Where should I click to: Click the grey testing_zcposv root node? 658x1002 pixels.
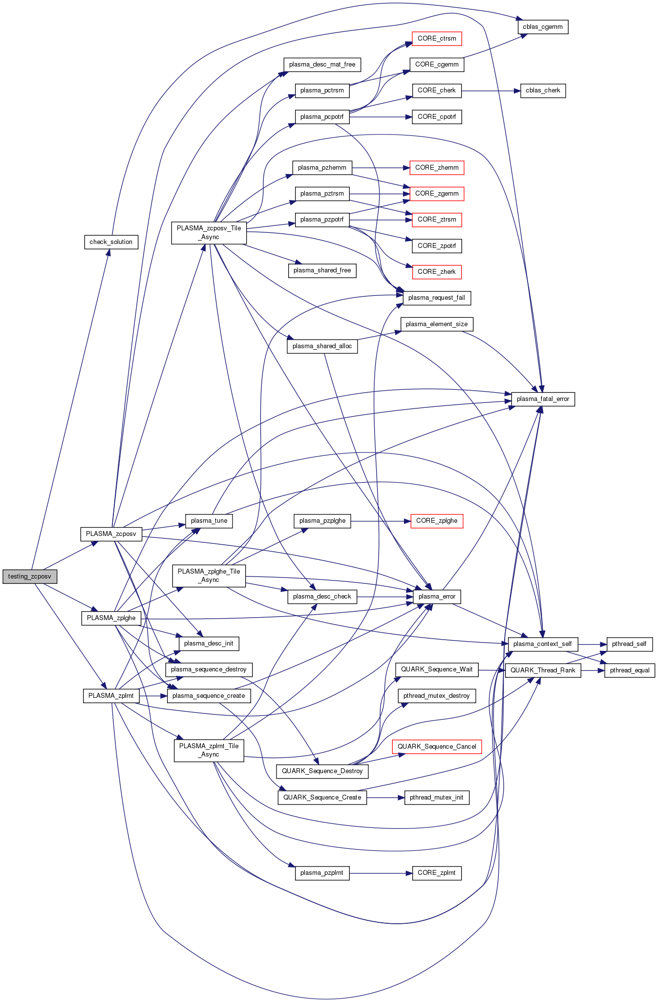[29, 577]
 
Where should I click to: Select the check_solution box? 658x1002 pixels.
[111, 242]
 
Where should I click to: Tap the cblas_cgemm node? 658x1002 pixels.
[543, 27]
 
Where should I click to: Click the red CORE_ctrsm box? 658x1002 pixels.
[437, 39]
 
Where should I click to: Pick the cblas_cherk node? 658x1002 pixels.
[543, 91]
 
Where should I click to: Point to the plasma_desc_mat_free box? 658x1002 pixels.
[322, 65]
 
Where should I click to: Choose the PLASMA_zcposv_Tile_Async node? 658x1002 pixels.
[209, 233]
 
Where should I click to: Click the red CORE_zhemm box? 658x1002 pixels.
[437, 168]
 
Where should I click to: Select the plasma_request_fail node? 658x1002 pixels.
[436, 298]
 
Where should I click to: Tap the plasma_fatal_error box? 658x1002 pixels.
[543, 399]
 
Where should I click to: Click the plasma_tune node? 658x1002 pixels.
[209, 521]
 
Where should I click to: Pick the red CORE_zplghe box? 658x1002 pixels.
[437, 521]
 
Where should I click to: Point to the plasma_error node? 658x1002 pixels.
[437, 597]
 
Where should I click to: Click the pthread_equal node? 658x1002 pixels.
[629, 670]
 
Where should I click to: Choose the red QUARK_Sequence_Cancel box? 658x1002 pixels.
[437, 747]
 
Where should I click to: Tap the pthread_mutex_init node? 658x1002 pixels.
[436, 798]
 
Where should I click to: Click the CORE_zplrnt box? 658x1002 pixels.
[437, 873]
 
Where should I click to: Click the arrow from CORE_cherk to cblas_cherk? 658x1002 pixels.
[490, 91]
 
